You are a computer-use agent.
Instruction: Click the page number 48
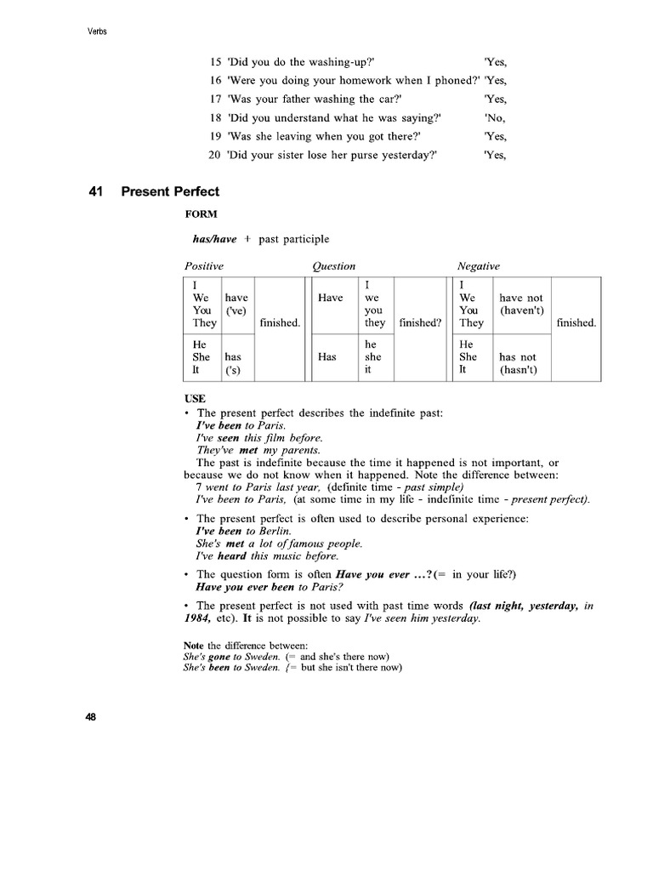pos(92,717)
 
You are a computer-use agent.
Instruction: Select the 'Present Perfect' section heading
pos(170,192)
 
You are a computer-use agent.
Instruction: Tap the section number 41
pos(96,192)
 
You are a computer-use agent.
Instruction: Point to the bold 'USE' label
pos(195,398)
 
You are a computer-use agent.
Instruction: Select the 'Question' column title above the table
pos(333,266)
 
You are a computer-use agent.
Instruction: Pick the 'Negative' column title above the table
pos(479,266)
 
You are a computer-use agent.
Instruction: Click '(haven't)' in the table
pos(522,310)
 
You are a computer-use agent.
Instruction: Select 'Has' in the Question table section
pos(328,358)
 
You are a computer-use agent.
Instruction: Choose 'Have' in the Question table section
pos(330,298)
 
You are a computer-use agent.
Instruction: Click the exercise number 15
pos(215,62)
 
